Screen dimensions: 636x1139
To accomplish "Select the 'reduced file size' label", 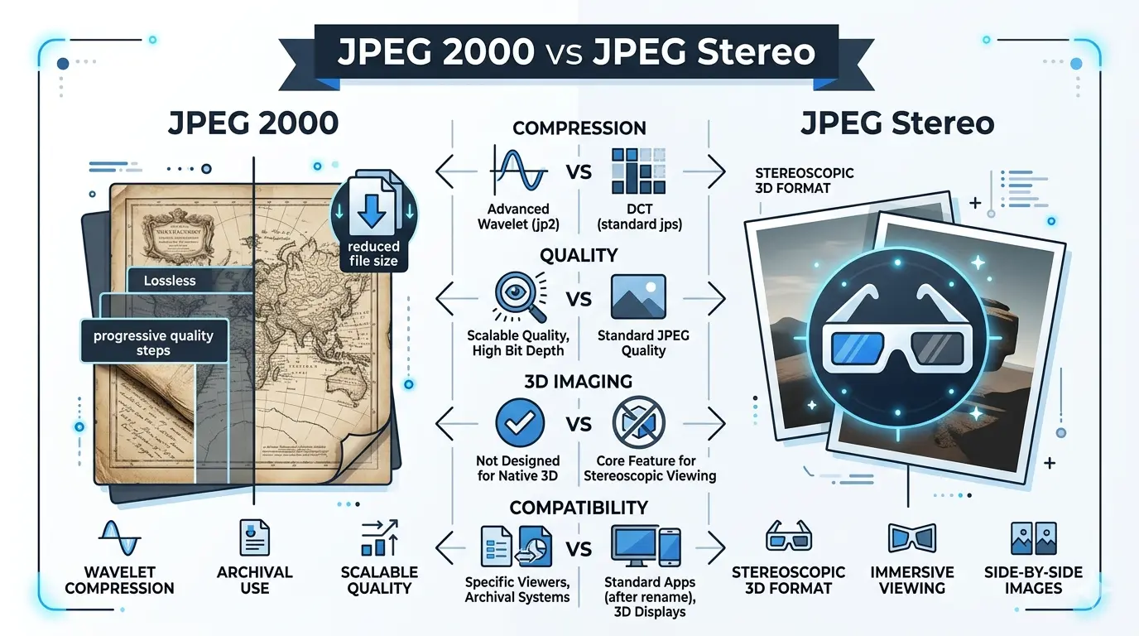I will coord(373,253).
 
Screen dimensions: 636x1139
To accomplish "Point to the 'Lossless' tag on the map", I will coord(170,281).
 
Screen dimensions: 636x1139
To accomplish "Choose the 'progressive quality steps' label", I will coord(153,342).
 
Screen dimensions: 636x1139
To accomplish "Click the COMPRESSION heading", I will coord(579,128).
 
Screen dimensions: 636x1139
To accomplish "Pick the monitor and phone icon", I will coord(646,547).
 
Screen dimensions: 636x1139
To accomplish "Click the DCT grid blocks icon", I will coord(638,171).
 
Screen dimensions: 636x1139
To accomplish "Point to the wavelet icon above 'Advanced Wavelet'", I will coord(518,171).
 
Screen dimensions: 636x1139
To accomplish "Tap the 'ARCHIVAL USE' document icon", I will coord(254,537).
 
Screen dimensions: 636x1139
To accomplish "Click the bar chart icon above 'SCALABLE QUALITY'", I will coord(380,538).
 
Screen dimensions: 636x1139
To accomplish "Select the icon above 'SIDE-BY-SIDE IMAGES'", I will coord(1034,538).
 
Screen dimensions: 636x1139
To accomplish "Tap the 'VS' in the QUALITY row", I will coord(579,299).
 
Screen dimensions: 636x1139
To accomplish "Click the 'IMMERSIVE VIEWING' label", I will coord(912,580).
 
